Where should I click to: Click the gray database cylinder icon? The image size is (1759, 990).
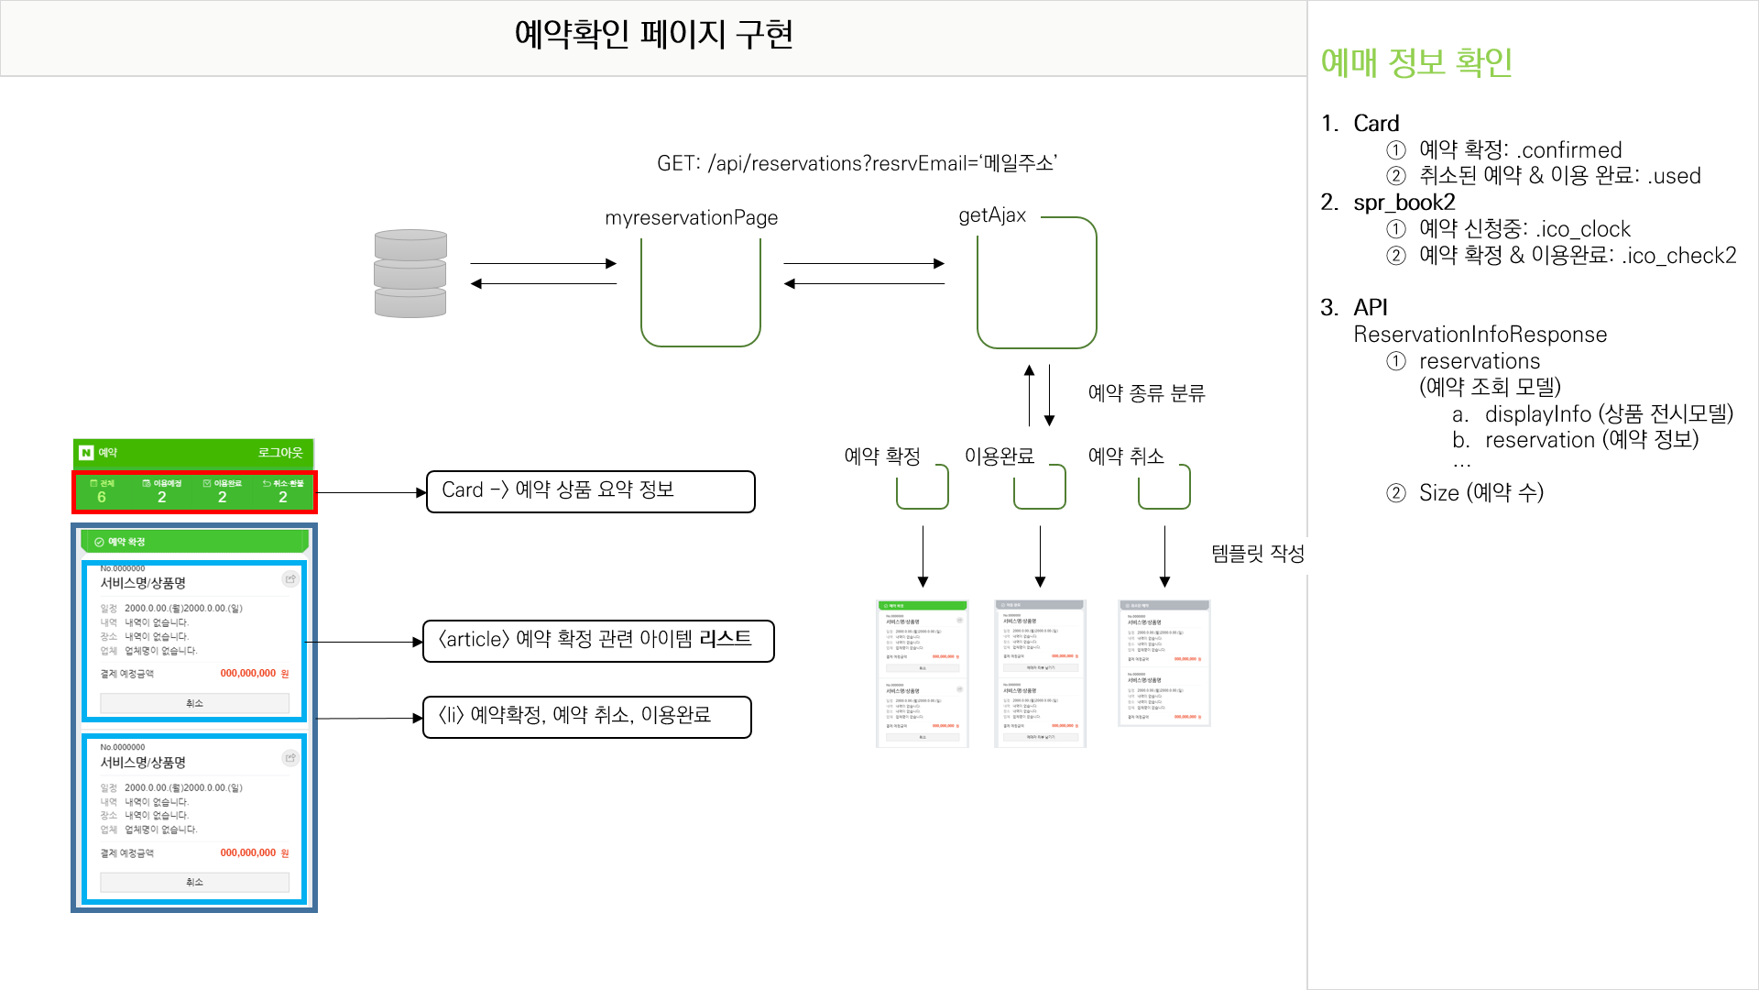pyautogui.click(x=410, y=273)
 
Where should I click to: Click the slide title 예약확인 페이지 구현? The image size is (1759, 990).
pyautogui.click(x=653, y=35)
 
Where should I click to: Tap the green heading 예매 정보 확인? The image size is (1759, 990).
pyautogui.click(x=1415, y=62)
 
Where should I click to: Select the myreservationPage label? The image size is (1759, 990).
pyautogui.click(x=691, y=218)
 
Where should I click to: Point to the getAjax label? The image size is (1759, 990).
pyautogui.click(x=992, y=215)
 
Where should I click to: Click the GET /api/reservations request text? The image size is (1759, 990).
pyautogui.click(x=857, y=163)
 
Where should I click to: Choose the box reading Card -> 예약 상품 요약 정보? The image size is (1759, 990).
pyautogui.click(x=590, y=491)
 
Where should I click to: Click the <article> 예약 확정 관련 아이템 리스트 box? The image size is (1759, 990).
pyautogui.click(x=597, y=640)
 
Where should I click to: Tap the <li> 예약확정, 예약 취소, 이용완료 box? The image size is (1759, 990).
pyautogui.click(x=586, y=716)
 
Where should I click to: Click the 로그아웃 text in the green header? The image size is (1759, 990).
pyautogui.click(x=279, y=453)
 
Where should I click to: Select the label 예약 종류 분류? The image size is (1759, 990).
pyautogui.click(x=1146, y=393)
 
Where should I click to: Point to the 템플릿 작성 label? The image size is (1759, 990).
pyautogui.click(x=1257, y=554)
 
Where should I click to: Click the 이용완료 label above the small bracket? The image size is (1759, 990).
pyautogui.click(x=999, y=456)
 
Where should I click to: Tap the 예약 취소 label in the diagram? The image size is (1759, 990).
pyautogui.click(x=1125, y=456)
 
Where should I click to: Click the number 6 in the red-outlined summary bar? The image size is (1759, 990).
pyautogui.click(x=102, y=497)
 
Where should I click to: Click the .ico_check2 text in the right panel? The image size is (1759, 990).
pyautogui.click(x=1678, y=256)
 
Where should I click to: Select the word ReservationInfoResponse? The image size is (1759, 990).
pyautogui.click(x=1480, y=335)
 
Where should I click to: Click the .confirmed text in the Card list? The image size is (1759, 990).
pyautogui.click(x=1569, y=150)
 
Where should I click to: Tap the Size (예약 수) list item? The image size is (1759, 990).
pyautogui.click(x=1480, y=493)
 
